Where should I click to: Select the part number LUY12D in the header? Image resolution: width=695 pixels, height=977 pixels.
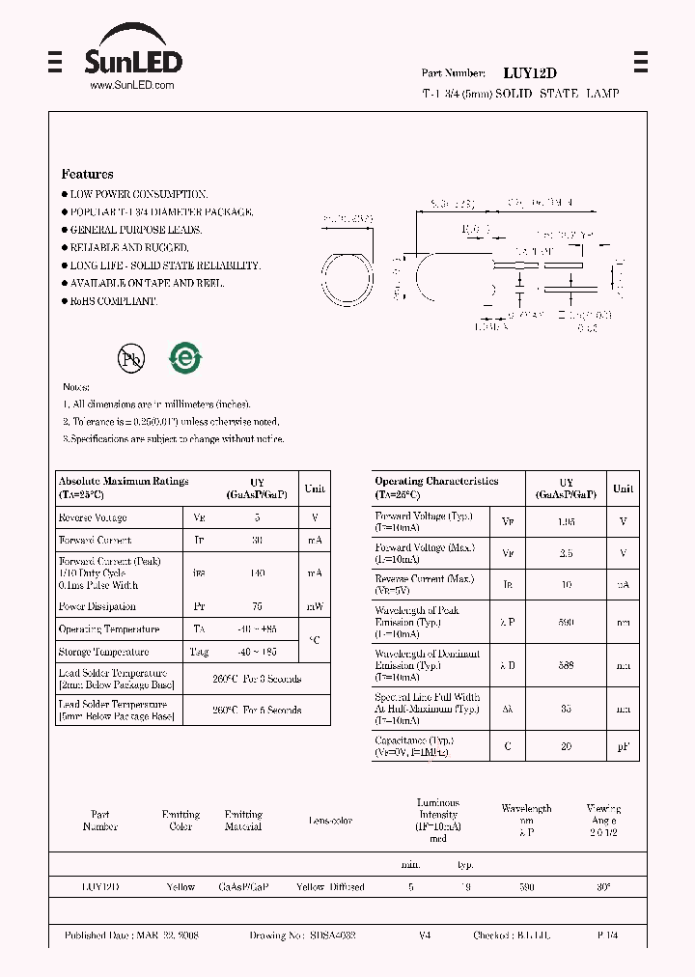point(530,73)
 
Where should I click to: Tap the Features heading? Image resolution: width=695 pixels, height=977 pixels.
point(88,175)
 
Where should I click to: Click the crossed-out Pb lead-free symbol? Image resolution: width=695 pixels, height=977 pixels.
point(130,359)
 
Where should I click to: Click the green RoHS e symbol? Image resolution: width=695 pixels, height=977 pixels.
point(184,358)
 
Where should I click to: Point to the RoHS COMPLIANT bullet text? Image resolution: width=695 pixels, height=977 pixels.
point(112,301)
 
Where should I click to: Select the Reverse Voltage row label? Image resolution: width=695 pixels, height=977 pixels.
point(93,518)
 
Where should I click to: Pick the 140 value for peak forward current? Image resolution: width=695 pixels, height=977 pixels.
point(257,573)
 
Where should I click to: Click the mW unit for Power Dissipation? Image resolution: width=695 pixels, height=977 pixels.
point(315,607)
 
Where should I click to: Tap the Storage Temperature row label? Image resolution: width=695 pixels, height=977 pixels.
point(103,653)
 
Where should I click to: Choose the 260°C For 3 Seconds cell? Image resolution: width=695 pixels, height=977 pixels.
point(257,679)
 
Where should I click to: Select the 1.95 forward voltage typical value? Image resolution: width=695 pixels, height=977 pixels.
point(567,522)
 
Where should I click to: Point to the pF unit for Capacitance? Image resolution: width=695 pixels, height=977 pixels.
point(624,745)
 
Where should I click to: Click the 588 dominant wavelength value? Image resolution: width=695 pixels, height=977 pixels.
point(567,666)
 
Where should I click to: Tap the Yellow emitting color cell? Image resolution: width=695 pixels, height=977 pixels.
point(181,887)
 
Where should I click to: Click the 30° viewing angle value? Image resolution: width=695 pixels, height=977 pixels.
point(603,887)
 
